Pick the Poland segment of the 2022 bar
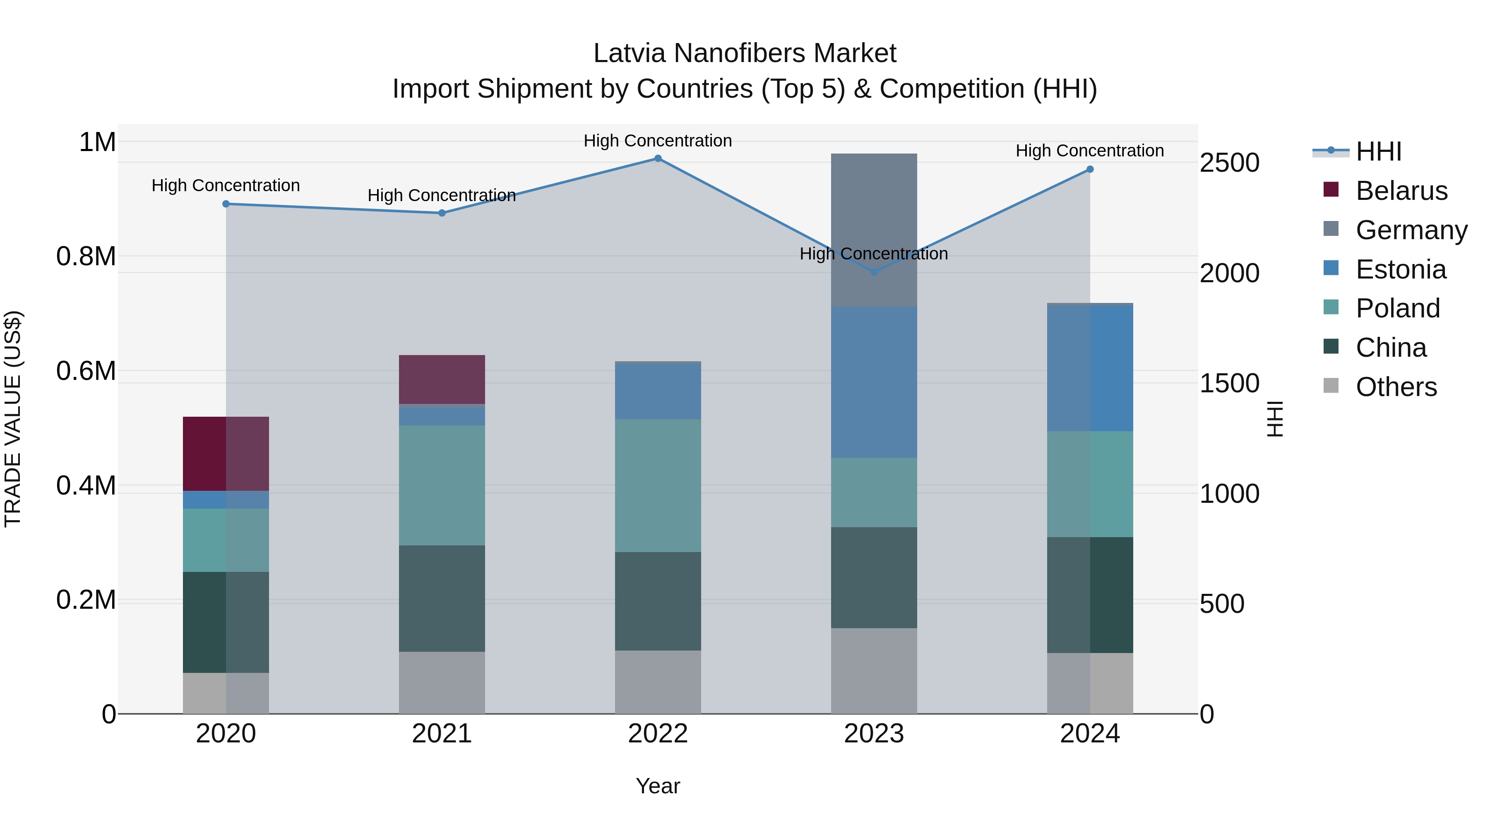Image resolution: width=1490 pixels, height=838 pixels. click(x=658, y=485)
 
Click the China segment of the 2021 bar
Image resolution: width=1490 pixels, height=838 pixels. click(x=442, y=598)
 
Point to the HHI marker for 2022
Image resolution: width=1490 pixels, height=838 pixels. click(x=658, y=158)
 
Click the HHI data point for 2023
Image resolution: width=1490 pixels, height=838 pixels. click(x=874, y=272)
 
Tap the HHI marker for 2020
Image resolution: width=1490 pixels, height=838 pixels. click(x=226, y=204)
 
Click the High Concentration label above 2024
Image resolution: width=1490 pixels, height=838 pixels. click(x=1089, y=151)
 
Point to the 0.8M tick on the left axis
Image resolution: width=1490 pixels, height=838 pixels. click(x=86, y=256)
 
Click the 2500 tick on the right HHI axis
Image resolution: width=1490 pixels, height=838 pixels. click(x=1229, y=163)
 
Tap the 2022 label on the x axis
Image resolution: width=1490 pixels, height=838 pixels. click(x=658, y=734)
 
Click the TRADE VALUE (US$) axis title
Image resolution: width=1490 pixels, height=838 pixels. click(x=13, y=419)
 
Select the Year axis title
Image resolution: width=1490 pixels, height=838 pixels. click(x=658, y=786)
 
